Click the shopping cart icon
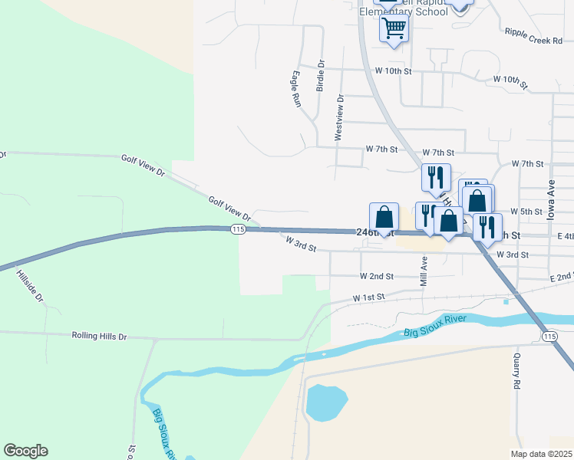(394, 29)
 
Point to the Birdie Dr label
(321, 76)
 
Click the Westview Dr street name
(338, 118)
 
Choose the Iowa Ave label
(550, 201)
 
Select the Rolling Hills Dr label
(99, 336)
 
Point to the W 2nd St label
(377, 276)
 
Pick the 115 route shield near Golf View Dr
(237, 230)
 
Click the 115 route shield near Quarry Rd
(549, 337)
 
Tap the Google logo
(25, 451)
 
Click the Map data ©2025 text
(541, 454)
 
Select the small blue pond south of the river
(325, 402)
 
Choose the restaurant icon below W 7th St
(435, 178)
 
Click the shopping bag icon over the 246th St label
(384, 217)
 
